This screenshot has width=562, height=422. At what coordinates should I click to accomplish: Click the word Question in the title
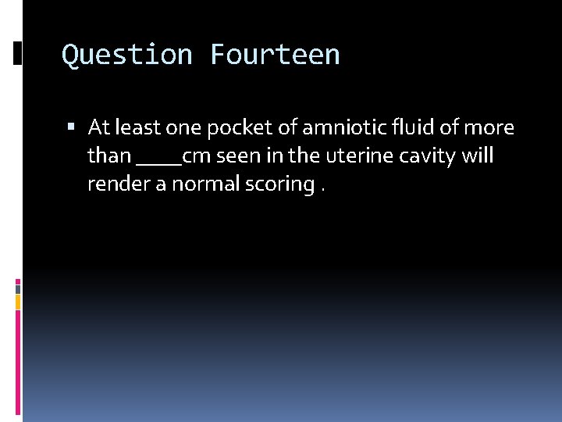click(x=127, y=55)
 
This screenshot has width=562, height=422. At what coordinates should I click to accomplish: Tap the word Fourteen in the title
click(x=275, y=55)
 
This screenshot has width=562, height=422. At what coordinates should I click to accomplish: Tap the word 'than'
click(x=108, y=156)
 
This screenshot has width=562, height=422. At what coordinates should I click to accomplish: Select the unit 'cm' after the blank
click(x=197, y=156)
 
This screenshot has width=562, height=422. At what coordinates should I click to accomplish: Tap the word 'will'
click(x=478, y=156)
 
